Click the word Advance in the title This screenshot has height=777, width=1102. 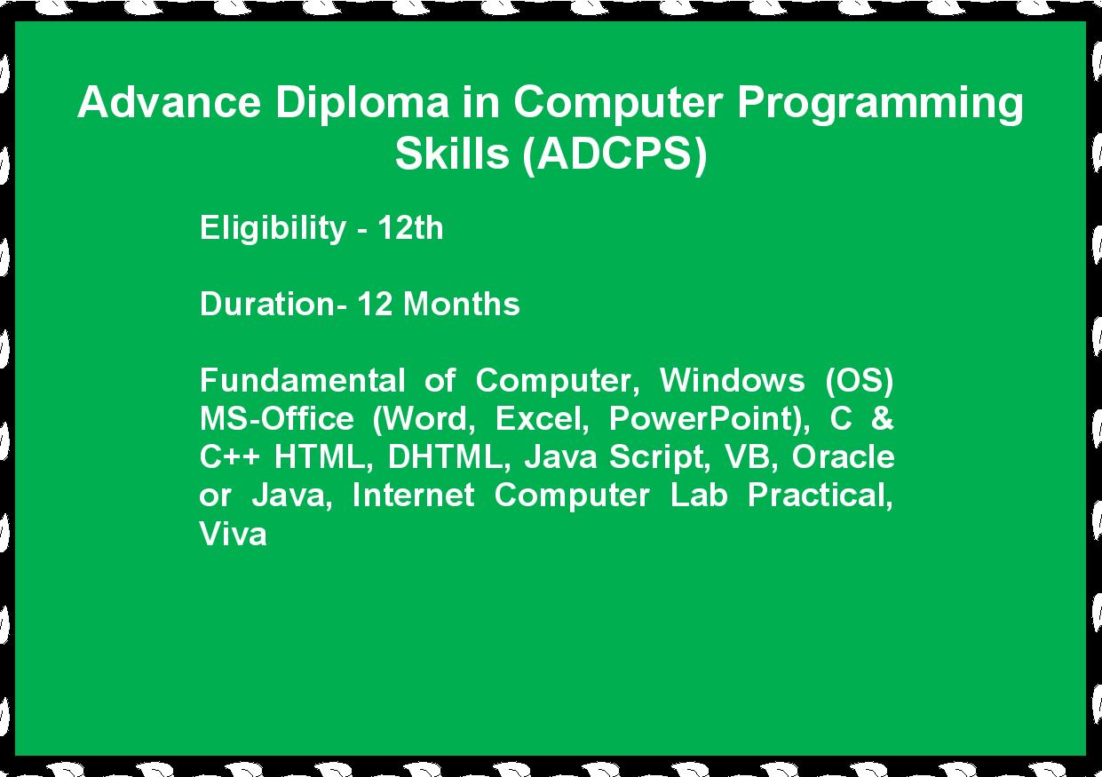169,102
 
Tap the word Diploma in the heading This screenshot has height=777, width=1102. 362,105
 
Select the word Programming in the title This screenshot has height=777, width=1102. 880,105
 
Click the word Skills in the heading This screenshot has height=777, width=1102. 452,153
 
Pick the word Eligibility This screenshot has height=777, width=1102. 273,229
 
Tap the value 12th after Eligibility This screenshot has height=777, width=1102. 410,228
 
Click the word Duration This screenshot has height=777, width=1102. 267,304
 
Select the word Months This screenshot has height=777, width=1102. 462,304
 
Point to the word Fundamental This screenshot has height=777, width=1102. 303,380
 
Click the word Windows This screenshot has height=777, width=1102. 732,380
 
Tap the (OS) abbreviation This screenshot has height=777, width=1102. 859,381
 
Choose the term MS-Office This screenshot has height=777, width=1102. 277,418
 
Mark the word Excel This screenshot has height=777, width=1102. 542,419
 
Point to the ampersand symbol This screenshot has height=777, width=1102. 882,418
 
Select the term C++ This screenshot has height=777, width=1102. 229,456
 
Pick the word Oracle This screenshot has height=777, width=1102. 843,456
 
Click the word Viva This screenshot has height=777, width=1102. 234,533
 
